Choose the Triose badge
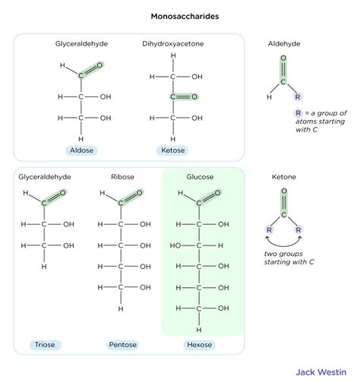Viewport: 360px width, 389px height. (44, 344)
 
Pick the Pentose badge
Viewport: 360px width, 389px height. (122, 344)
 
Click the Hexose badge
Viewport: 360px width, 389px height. (200, 344)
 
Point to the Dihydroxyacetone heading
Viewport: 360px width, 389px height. (173, 44)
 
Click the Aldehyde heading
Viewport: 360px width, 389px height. (285, 44)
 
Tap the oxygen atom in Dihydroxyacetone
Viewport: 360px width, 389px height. (194, 97)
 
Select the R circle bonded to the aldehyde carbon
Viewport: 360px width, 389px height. (298, 98)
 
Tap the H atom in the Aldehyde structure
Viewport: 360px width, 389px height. (270, 98)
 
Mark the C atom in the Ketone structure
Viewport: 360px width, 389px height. (284, 215)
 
